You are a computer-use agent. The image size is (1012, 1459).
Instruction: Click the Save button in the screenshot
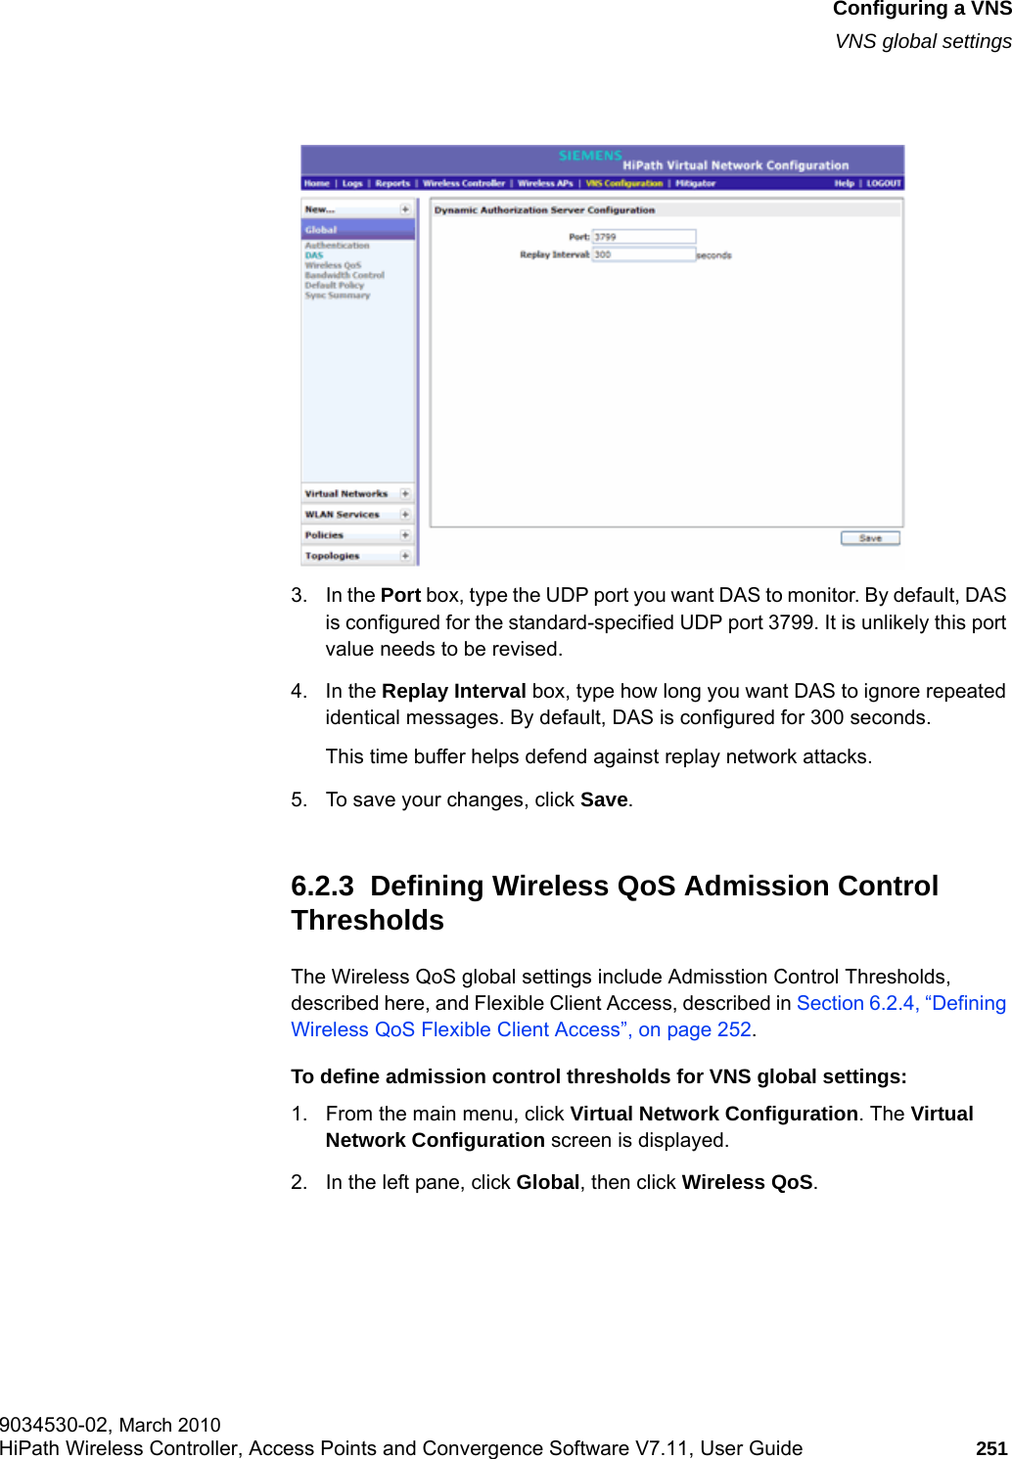click(x=870, y=538)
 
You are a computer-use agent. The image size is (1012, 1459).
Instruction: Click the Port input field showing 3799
click(x=644, y=237)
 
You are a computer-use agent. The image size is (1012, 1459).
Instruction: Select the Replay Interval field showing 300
click(x=644, y=254)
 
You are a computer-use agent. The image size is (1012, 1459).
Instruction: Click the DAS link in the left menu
click(x=313, y=255)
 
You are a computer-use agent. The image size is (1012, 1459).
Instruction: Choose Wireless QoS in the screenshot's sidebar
click(x=333, y=265)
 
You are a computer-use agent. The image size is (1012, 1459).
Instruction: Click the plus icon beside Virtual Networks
click(x=405, y=494)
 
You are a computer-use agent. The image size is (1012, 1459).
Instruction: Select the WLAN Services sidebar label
click(x=342, y=515)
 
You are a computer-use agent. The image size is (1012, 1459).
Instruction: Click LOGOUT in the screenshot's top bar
click(x=883, y=183)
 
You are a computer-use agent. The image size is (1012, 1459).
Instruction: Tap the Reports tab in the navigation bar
click(x=392, y=183)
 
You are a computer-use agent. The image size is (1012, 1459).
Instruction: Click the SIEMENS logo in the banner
click(x=590, y=156)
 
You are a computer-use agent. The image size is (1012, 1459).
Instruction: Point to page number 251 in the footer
click(x=991, y=1448)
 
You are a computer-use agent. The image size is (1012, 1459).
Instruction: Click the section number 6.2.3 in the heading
click(x=322, y=887)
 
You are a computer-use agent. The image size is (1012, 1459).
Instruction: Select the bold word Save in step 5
click(x=604, y=799)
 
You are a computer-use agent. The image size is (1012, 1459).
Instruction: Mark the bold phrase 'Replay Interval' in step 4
click(x=453, y=691)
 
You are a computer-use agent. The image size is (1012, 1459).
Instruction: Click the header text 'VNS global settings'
click(x=923, y=41)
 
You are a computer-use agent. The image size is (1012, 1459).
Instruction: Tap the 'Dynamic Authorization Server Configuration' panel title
click(x=544, y=210)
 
